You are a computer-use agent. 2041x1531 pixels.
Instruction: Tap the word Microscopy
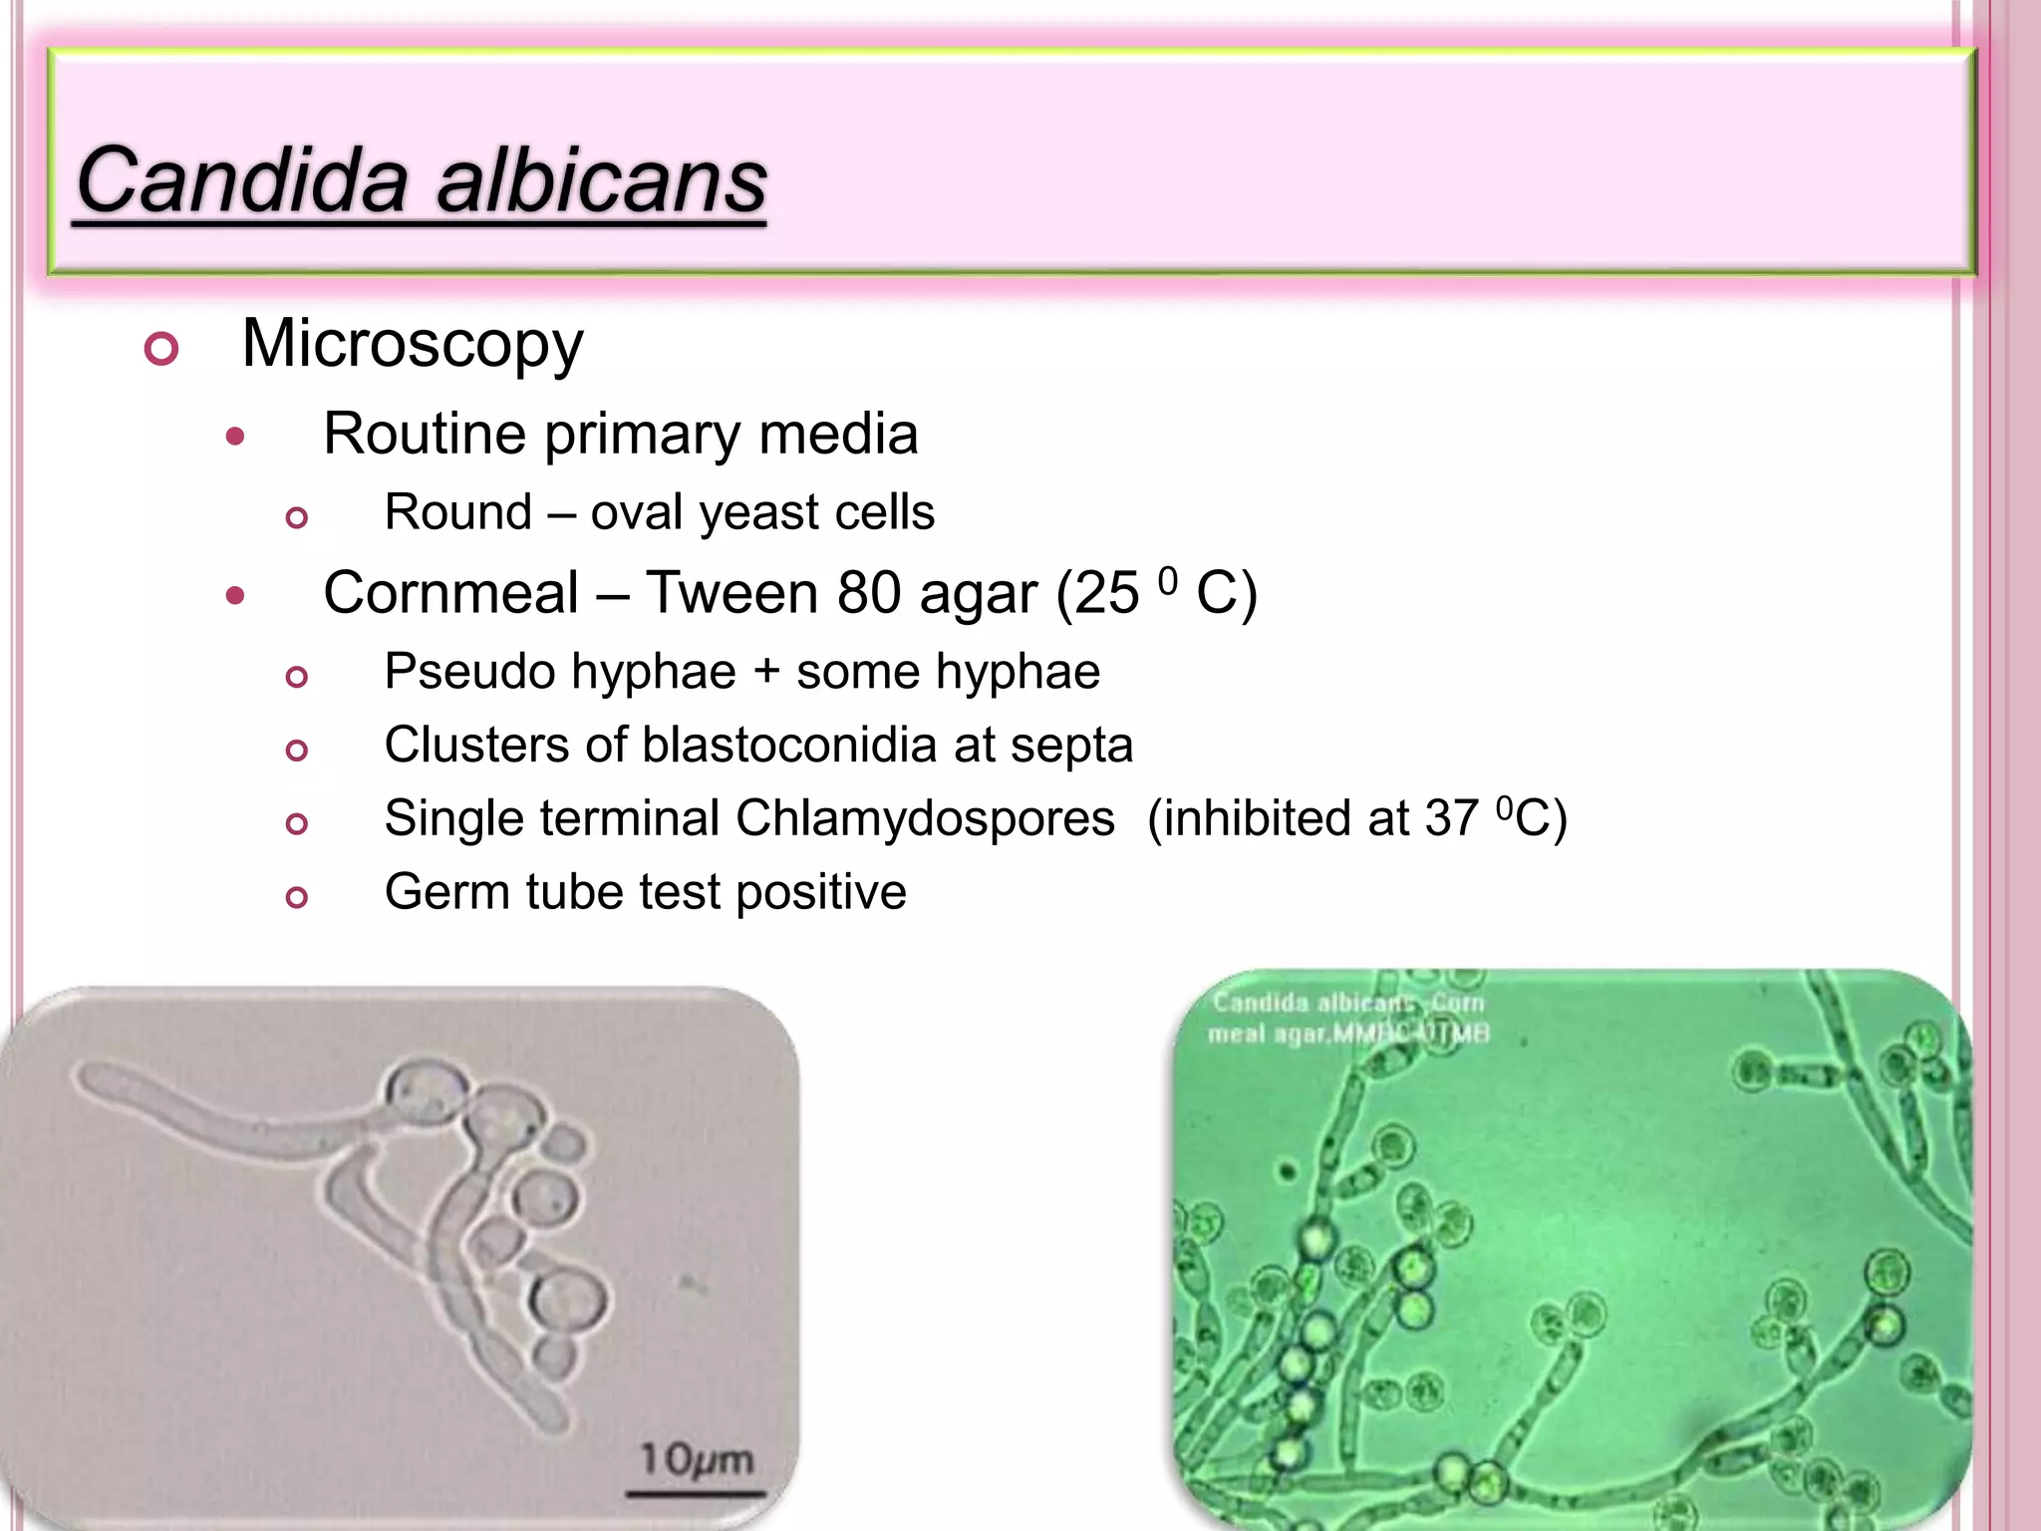[413, 345]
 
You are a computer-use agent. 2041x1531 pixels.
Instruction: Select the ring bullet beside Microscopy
[161, 349]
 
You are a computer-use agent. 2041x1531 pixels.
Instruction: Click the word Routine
[425, 435]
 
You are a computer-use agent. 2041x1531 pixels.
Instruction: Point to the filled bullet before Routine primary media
[235, 437]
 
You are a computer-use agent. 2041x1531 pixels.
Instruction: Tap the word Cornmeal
[450, 593]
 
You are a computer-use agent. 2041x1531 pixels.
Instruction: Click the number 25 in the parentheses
[1107, 594]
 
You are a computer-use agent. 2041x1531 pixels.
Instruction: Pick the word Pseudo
[457, 671]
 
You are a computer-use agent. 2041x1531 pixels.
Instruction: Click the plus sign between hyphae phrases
[766, 672]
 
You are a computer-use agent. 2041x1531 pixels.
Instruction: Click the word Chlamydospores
[925, 818]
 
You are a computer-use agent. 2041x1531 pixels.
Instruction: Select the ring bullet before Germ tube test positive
[296, 897]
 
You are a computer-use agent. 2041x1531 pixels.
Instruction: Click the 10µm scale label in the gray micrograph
[696, 1459]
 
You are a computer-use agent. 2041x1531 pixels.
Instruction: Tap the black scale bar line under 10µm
[695, 1493]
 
